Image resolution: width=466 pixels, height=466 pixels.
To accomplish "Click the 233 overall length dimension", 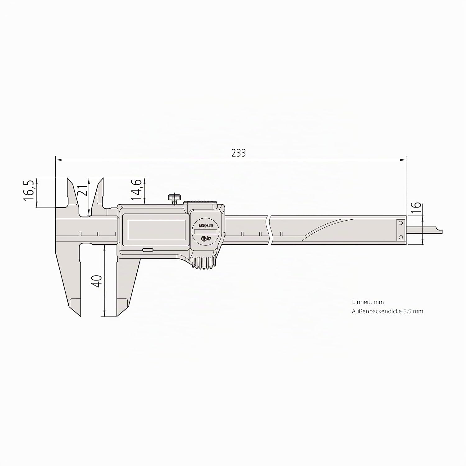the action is [x=239, y=153].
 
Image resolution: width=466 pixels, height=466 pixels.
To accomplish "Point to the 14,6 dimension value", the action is [x=136, y=189].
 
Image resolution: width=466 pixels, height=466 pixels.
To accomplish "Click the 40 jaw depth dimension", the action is [x=97, y=281].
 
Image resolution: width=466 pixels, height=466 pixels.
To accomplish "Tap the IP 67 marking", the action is [x=206, y=239].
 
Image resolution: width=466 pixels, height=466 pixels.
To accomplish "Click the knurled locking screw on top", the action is [x=175, y=198].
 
